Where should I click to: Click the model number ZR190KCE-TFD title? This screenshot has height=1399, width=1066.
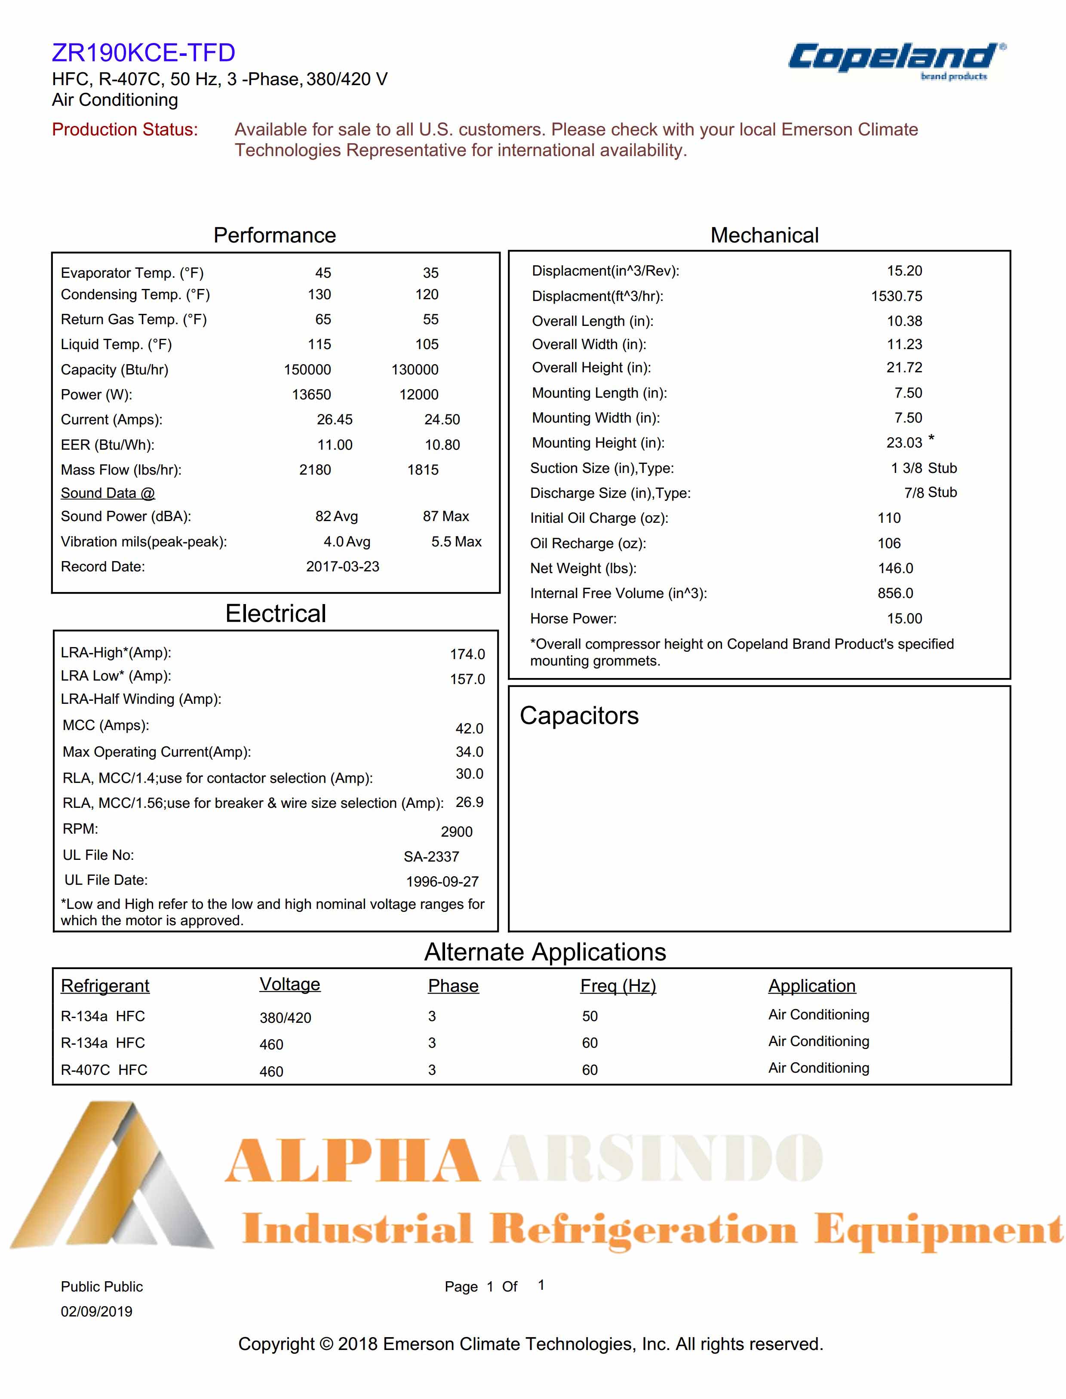coord(143,52)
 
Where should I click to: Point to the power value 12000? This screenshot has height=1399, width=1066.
coord(419,395)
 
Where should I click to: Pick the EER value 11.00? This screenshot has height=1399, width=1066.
coord(335,445)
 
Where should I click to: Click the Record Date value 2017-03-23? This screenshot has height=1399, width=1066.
coord(343,567)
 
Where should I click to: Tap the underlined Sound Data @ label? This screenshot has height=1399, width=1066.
coord(108,493)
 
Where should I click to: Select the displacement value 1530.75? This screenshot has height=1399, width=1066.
coord(896,296)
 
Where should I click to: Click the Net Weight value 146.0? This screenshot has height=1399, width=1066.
coord(895,568)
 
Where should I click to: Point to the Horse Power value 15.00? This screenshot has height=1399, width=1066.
coord(904,619)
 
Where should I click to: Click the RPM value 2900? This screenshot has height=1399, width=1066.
coord(456,832)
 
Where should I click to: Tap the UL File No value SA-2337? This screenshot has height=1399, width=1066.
coord(431,856)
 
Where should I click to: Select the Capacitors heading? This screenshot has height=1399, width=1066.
coord(579,716)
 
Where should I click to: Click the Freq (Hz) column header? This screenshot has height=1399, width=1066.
coord(617,985)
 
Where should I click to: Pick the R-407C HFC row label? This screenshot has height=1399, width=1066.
coord(104,1070)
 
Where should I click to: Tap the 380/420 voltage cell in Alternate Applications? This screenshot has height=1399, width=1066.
coord(285,1018)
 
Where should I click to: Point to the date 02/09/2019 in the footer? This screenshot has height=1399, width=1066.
coord(96,1311)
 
